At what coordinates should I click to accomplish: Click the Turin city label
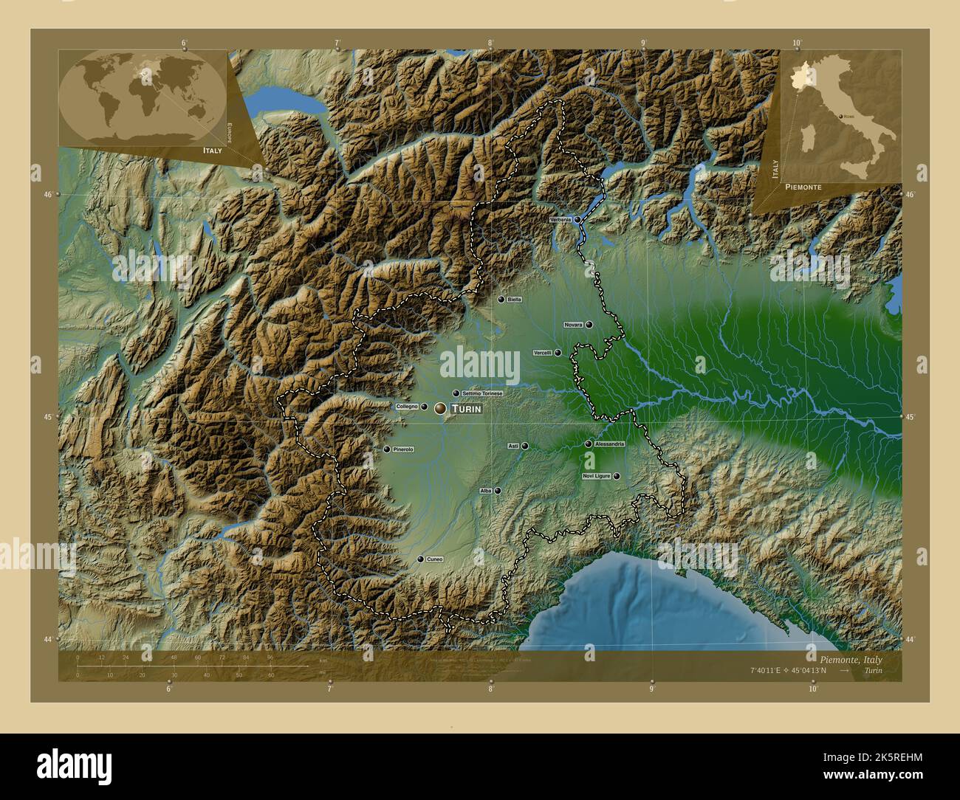[x=467, y=408]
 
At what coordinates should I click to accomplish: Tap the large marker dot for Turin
[x=441, y=407]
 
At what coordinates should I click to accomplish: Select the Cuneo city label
[x=434, y=559]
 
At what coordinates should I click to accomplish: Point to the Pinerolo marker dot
[x=386, y=449]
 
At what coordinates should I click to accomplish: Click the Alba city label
[x=485, y=490]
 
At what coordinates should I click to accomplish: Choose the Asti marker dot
[x=525, y=446]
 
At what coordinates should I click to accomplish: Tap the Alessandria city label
[x=609, y=444]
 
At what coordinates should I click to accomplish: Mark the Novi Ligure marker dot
[x=617, y=476]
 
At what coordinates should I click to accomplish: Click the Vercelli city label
[x=543, y=353]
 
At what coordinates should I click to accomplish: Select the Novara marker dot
[x=589, y=325]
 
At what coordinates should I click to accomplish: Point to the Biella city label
[x=515, y=300]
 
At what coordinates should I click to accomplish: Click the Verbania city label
[x=560, y=220]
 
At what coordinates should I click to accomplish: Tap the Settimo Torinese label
[x=482, y=393]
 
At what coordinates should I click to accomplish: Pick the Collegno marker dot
[x=424, y=407]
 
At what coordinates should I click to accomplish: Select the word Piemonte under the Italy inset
[x=803, y=187]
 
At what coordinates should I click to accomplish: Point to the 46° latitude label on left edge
[x=47, y=195]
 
